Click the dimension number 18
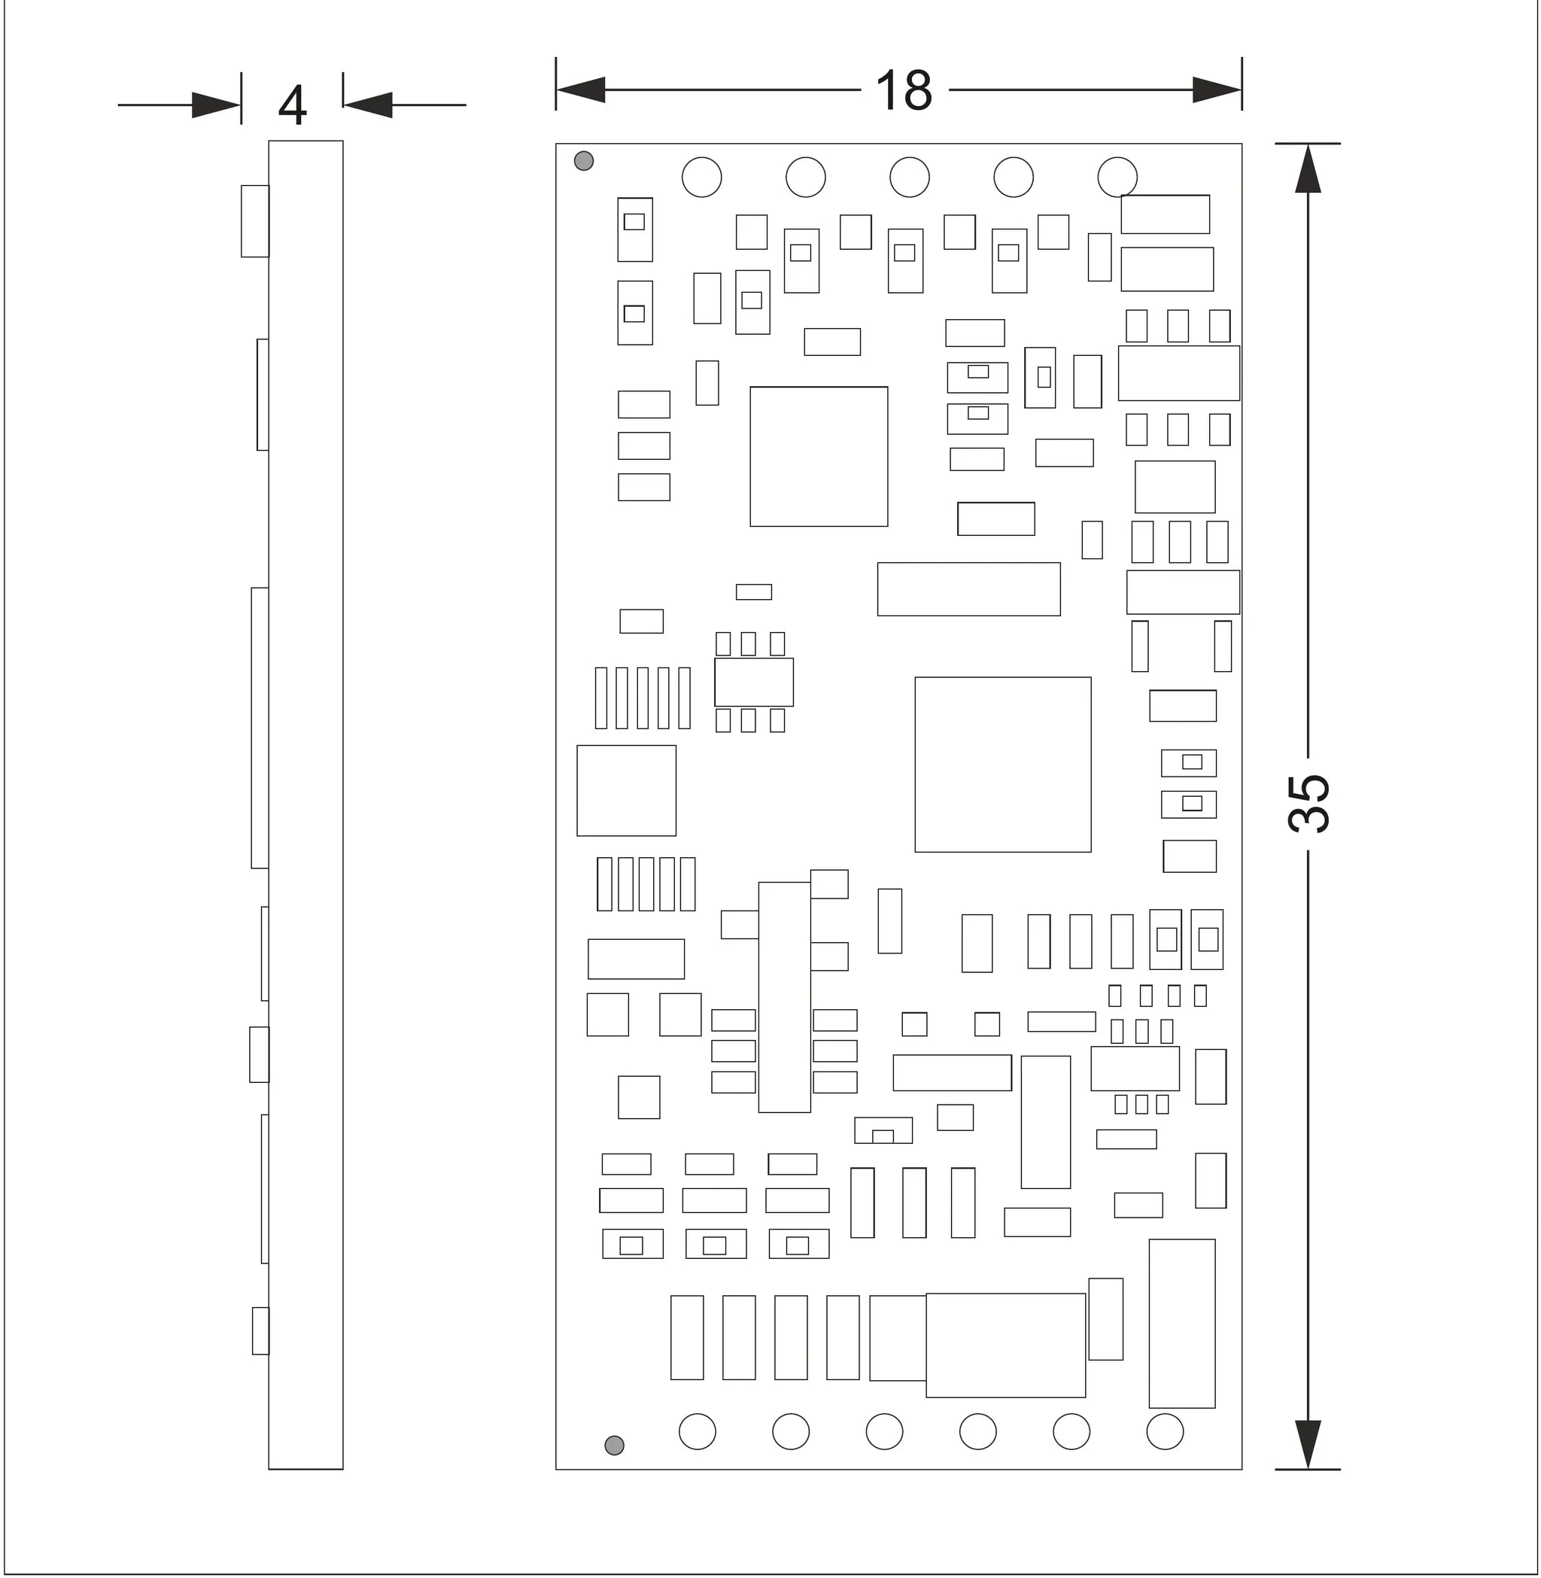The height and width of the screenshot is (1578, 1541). tap(903, 90)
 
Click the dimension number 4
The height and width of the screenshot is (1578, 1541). tap(292, 105)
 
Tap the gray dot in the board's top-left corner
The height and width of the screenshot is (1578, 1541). tap(584, 161)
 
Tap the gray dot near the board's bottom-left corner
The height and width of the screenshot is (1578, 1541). tap(614, 1446)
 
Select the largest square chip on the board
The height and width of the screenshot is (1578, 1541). tap(1003, 765)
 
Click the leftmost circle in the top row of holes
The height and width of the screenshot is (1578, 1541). tap(702, 178)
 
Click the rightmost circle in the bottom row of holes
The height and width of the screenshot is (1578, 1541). tap(1165, 1431)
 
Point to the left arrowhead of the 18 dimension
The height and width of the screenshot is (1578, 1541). tap(580, 90)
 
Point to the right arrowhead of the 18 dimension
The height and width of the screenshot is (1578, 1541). tap(1217, 90)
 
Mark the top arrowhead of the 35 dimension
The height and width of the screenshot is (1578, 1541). tap(1308, 169)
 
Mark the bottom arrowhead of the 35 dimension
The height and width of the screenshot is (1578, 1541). tap(1308, 1445)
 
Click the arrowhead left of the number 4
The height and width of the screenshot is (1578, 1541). tap(216, 105)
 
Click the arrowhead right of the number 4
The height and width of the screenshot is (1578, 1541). tap(368, 105)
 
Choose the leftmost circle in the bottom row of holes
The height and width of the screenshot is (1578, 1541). tap(697, 1431)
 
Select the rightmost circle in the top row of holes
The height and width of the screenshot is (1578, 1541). tap(1117, 178)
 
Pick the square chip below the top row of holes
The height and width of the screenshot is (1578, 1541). tap(819, 457)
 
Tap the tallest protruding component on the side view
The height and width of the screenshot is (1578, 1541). tap(260, 728)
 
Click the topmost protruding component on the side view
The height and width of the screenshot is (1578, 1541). tap(255, 221)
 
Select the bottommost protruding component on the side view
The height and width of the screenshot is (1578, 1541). tap(260, 1330)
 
